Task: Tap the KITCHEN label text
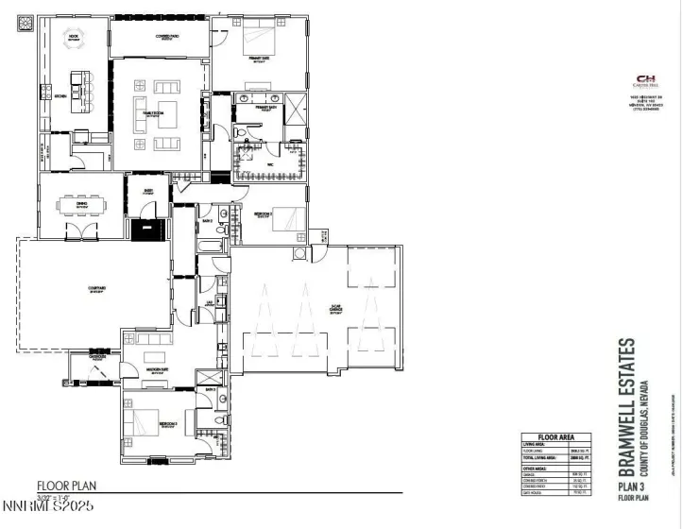point(60,96)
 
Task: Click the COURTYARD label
point(70,290)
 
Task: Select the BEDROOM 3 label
point(168,424)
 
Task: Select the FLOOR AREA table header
point(557,438)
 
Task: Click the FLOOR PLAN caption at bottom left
point(66,487)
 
